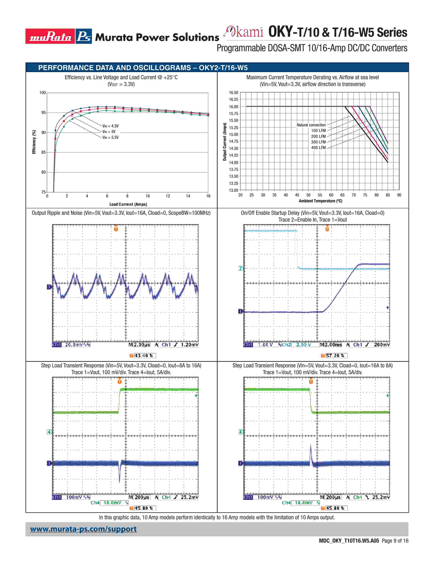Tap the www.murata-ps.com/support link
pos(83,529)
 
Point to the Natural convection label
pos(311,125)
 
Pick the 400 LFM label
pos(318,148)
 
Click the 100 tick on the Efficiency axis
pos(42,93)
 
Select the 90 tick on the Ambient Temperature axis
pos(399,195)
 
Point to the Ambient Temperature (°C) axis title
pos(320,201)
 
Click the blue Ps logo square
pos(84,36)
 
